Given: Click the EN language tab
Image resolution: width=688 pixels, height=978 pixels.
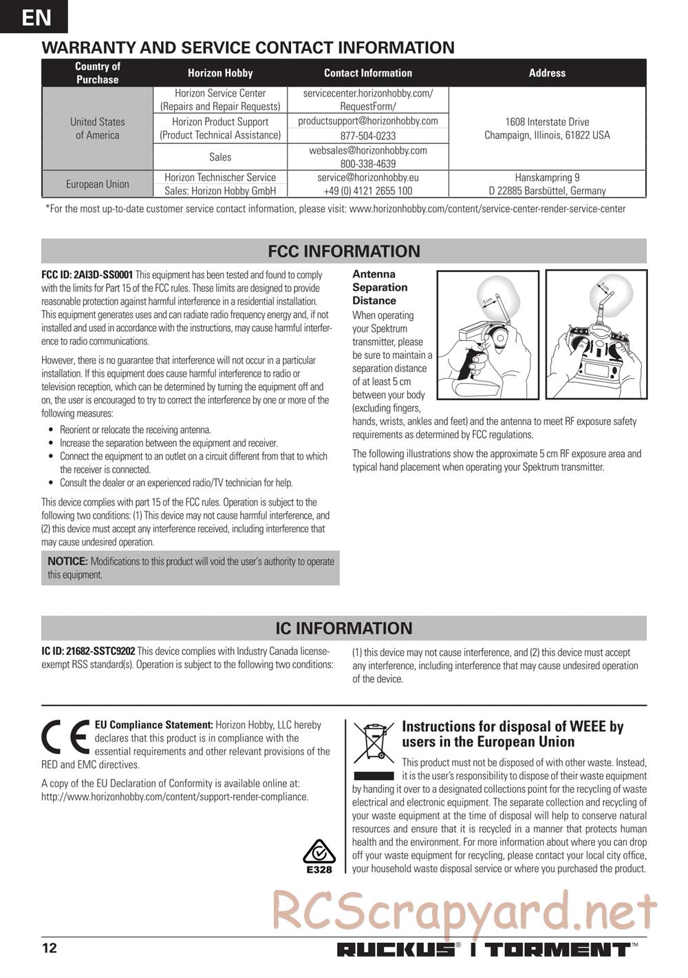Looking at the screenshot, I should pyautogui.click(x=34, y=17).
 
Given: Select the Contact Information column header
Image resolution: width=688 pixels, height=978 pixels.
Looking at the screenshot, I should pyautogui.click(x=368, y=73).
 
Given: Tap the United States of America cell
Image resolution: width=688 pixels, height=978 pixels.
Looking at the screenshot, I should pyautogui.click(x=97, y=128).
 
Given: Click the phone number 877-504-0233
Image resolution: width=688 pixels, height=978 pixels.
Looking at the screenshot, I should pyautogui.click(x=368, y=136).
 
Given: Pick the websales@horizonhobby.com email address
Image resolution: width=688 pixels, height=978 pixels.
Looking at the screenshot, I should pyautogui.click(x=368, y=150).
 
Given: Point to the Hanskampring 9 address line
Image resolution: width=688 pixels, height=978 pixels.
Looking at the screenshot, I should pyautogui.click(x=547, y=177).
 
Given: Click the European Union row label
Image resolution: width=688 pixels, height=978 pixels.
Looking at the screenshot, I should pyautogui.click(x=97, y=184).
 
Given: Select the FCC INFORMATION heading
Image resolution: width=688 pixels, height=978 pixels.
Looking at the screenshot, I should pyautogui.click(x=344, y=251).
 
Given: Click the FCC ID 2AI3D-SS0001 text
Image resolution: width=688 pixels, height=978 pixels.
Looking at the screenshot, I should pyautogui.click(x=87, y=274).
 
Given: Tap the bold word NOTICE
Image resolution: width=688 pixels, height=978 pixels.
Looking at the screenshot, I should pyautogui.click(x=67, y=561).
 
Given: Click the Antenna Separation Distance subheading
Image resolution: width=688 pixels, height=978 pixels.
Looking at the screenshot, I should pyautogui.click(x=380, y=287).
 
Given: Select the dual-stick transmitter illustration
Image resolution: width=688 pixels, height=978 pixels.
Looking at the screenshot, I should pyautogui.click(x=596, y=335).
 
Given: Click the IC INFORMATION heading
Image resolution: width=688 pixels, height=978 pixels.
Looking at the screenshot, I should pyautogui.click(x=344, y=628).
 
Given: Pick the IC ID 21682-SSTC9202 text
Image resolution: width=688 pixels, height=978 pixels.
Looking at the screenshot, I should pyautogui.click(x=88, y=652).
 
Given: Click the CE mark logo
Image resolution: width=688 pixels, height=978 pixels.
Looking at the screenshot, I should pyautogui.click(x=66, y=736).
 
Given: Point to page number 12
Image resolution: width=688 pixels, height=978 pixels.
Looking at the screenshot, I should pyautogui.click(x=50, y=948).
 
